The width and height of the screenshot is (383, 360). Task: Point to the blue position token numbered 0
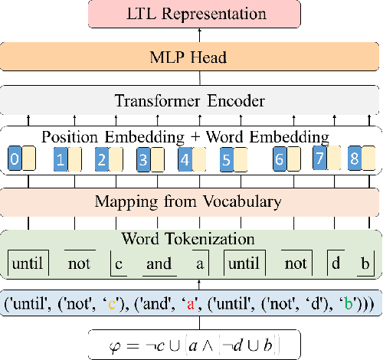(x=13, y=160)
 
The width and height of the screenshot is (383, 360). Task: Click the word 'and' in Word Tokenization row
(x=159, y=263)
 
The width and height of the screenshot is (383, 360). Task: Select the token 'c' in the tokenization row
(x=118, y=263)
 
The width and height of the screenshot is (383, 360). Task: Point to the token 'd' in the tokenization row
(x=335, y=263)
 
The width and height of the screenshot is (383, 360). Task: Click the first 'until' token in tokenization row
(x=27, y=263)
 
